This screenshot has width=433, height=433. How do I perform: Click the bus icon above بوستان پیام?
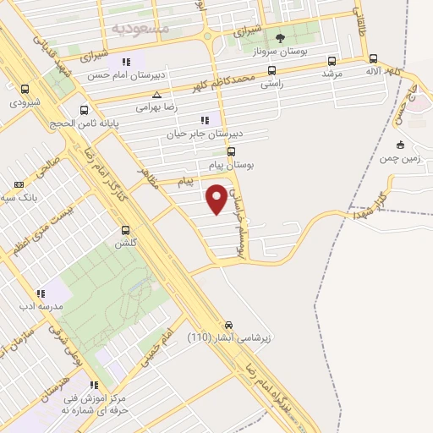pos(231,151)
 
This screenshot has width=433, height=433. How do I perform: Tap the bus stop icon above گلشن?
pos(126,230)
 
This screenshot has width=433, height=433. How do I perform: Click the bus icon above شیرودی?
pos(25,89)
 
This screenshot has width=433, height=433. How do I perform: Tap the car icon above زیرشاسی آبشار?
pos(229,325)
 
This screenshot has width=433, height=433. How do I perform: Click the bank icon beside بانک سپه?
pos(19,184)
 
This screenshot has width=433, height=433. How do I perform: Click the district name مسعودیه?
pos(141,28)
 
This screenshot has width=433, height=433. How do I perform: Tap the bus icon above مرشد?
pos(331,61)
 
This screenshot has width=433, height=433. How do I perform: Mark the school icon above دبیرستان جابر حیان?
pos(204,120)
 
